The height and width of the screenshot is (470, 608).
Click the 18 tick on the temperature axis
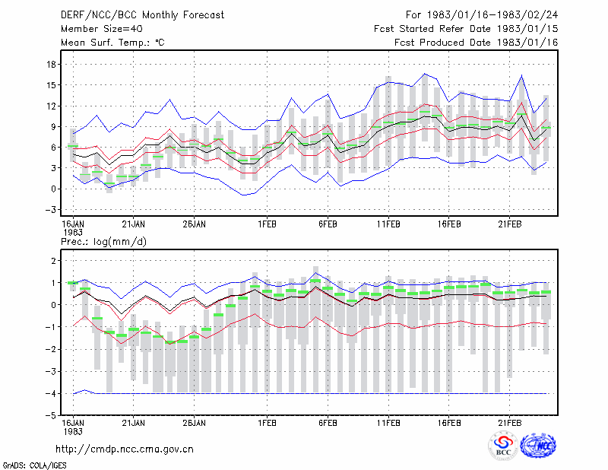tap(51, 65)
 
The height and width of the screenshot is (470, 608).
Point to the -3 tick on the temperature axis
tap(51, 210)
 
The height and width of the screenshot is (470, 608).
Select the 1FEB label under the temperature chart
tap(268, 224)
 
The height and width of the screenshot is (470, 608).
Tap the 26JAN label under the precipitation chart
tap(195, 423)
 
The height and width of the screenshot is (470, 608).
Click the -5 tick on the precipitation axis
tap(51, 416)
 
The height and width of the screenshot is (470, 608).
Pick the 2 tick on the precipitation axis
tap(53, 261)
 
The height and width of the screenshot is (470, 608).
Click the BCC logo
tap(503, 446)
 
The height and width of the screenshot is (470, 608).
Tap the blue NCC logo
tap(538, 446)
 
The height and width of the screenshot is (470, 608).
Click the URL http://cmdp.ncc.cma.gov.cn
tap(125, 449)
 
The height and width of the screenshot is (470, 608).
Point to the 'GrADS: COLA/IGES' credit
tap(34, 465)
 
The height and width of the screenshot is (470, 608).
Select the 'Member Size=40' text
tap(102, 29)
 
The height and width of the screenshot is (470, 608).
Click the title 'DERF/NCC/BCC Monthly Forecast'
tap(142, 15)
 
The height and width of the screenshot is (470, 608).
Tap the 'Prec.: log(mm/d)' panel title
tap(103, 242)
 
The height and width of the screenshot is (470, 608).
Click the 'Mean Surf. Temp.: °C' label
tap(112, 43)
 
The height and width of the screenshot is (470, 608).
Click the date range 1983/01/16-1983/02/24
tap(492, 15)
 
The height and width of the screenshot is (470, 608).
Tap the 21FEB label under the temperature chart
tap(509, 224)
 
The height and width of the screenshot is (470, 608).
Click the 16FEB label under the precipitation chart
tap(449, 423)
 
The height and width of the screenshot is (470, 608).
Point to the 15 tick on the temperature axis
tap(51, 85)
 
